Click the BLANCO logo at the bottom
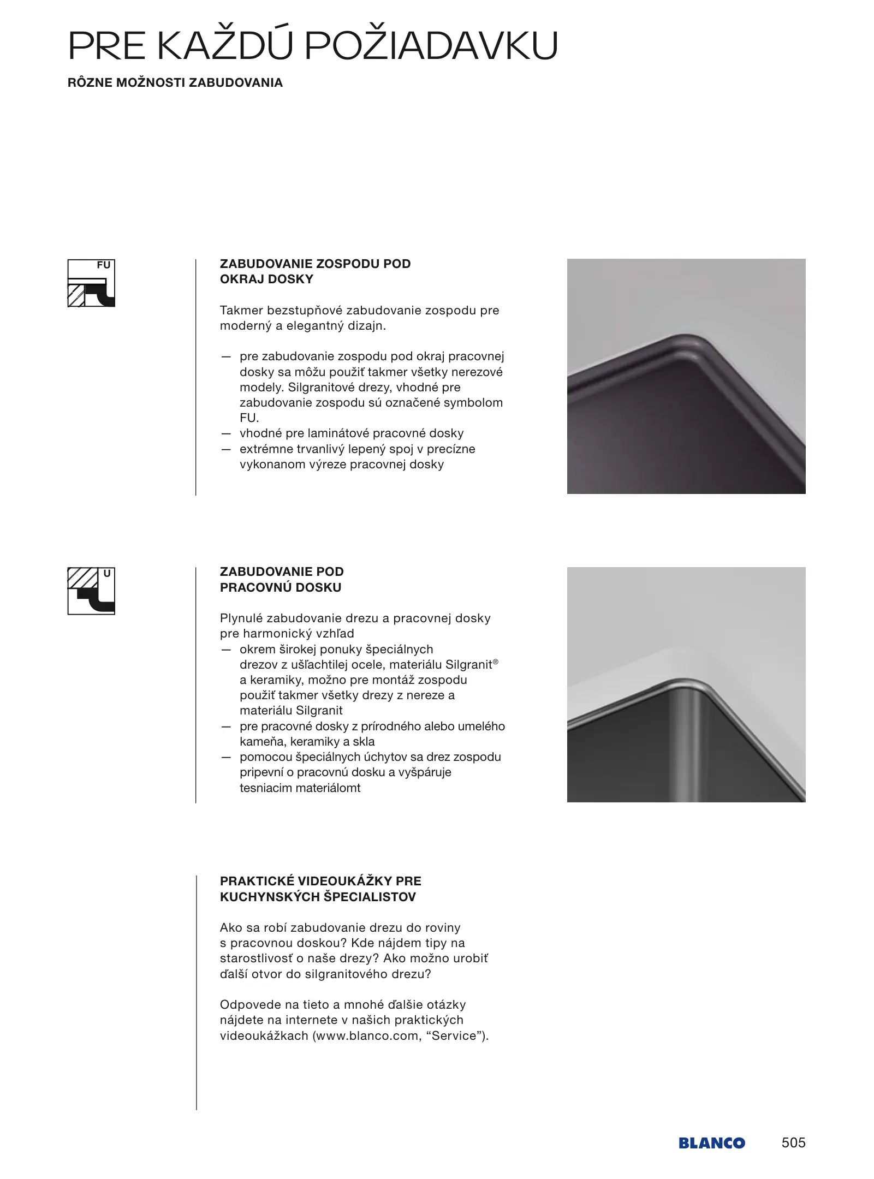711,1142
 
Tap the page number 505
793,1142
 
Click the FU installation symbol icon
91,283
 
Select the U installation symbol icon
91,591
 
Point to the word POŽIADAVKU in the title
431,46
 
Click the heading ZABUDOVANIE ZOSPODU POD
315,264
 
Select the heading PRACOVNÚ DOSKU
281,587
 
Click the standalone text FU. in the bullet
249,418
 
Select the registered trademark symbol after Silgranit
496,662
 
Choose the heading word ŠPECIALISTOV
370,897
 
